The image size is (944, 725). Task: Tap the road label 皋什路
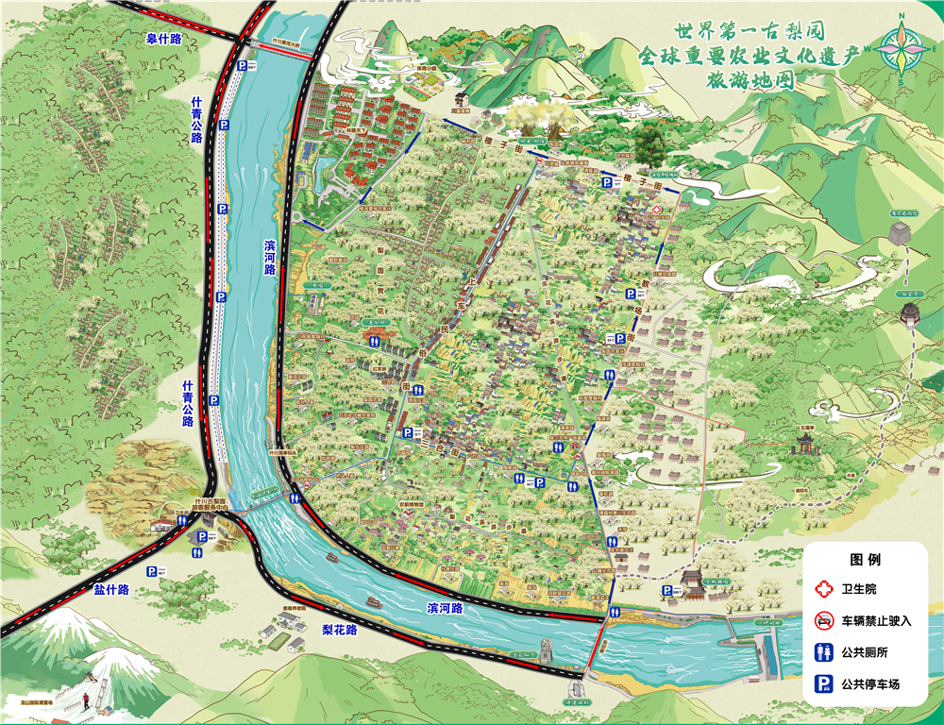click(162, 39)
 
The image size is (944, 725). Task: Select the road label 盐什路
click(110, 589)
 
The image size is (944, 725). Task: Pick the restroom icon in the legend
click(823, 651)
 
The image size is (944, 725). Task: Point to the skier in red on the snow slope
click(86, 700)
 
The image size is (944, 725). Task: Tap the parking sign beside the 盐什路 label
click(151, 572)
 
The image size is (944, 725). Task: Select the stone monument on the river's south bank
click(546, 651)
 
